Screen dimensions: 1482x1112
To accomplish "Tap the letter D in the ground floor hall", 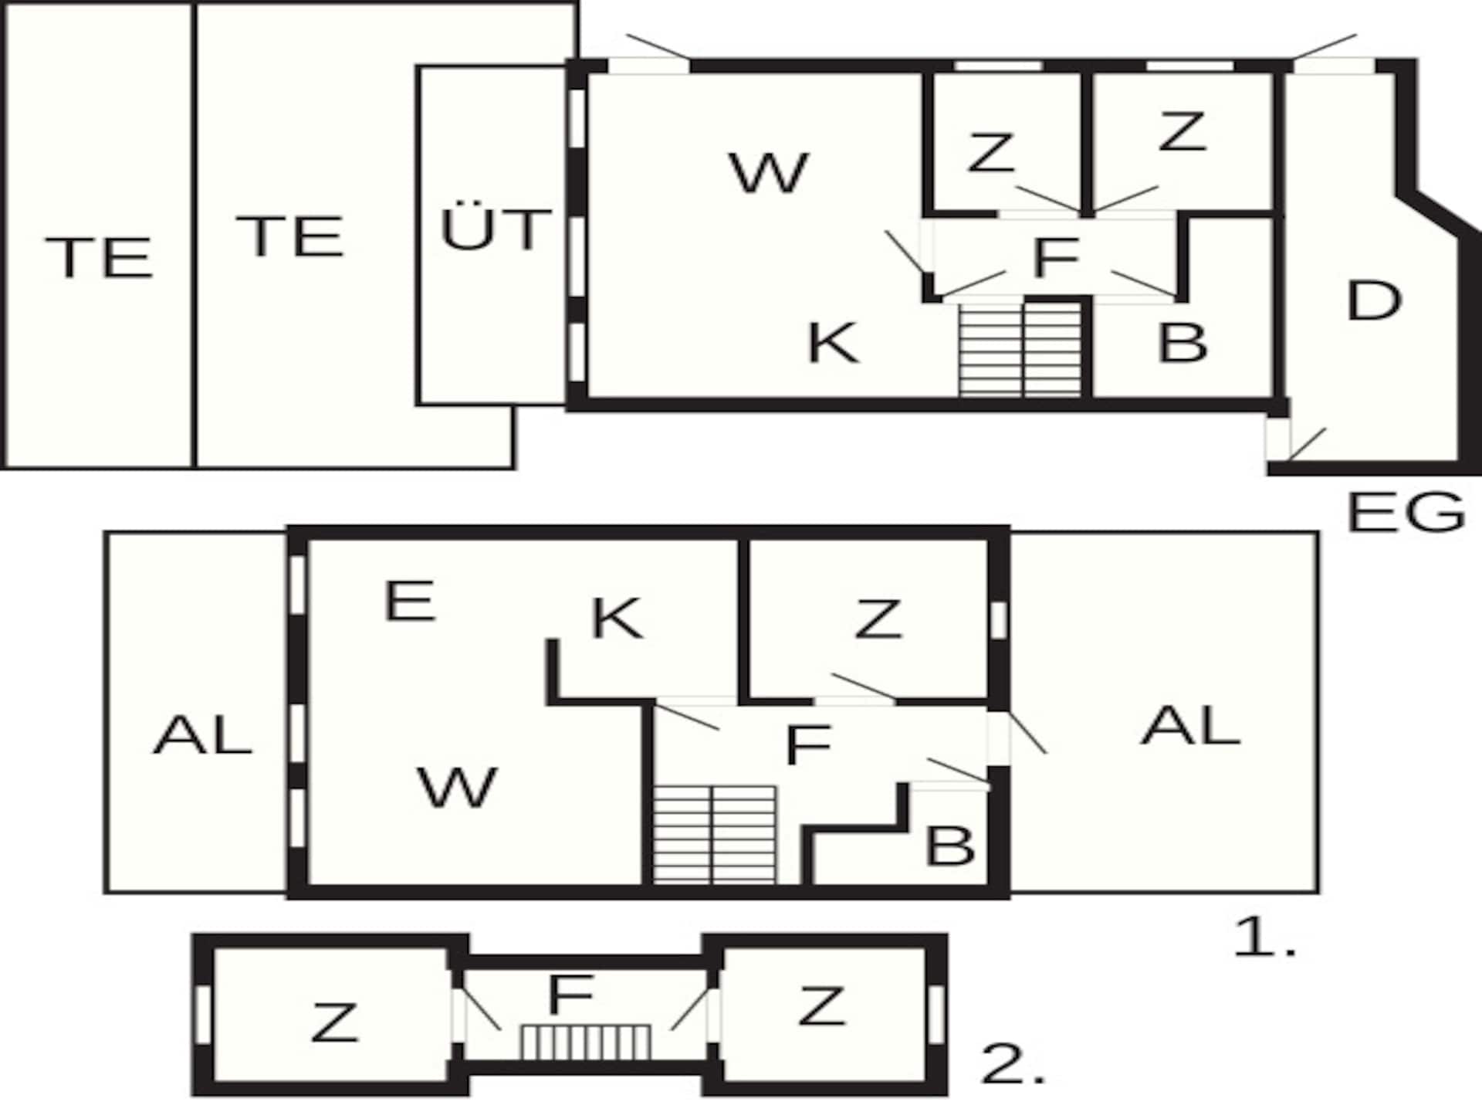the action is [1373, 300].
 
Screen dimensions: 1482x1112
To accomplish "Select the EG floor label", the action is [1406, 511].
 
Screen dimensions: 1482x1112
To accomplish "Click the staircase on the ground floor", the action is [1020, 350].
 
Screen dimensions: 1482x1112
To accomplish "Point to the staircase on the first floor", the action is [715, 835].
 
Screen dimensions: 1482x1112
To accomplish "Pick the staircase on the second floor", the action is [586, 1042].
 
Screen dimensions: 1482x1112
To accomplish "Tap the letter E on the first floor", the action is [410, 601].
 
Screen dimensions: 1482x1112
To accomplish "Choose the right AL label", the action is [1191, 726].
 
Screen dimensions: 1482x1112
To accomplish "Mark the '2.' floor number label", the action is [1013, 1065].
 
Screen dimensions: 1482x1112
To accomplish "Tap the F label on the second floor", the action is [570, 995].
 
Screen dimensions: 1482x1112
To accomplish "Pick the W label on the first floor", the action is [457, 787].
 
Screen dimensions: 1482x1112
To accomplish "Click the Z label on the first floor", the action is [878, 619].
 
